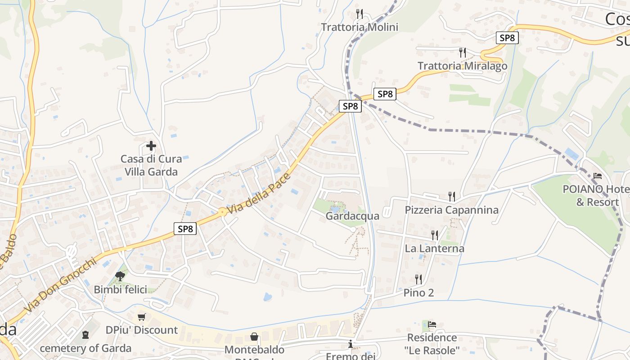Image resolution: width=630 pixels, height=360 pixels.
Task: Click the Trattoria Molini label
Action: click(360, 27)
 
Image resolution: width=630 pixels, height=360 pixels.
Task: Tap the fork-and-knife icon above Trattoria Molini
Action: click(359, 14)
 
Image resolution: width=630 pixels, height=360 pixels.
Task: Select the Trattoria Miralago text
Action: click(462, 66)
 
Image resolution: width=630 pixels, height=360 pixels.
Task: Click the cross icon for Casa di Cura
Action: click(151, 146)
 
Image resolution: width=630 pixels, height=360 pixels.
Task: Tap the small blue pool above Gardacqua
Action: click(336, 209)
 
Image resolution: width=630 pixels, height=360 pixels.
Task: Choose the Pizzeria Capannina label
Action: click(451, 210)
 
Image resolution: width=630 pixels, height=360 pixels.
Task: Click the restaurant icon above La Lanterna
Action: click(434, 235)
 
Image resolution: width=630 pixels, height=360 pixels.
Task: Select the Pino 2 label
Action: click(418, 292)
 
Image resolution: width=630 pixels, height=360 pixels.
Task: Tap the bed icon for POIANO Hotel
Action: click(598, 175)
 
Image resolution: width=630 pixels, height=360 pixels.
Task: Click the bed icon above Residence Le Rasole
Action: click(432, 324)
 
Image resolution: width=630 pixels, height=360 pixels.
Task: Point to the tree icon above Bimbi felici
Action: click(120, 276)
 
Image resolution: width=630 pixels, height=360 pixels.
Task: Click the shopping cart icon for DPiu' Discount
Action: click(142, 317)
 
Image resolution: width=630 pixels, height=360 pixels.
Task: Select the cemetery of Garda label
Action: click(85, 348)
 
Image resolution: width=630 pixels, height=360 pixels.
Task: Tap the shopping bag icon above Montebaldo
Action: click(254, 337)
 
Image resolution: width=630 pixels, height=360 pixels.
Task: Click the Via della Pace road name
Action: click(259, 193)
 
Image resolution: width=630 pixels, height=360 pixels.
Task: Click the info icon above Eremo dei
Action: click(351, 345)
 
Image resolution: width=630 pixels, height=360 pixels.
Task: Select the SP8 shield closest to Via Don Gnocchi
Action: click(185, 229)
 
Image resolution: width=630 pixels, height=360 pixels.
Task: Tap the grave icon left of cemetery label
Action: click(85, 335)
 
